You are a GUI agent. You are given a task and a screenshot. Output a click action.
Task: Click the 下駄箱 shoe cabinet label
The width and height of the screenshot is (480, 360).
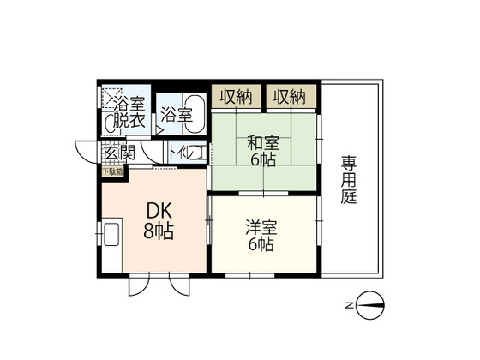pos(113,170)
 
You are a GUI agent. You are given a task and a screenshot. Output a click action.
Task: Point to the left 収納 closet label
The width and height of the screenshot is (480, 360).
pos(235,97)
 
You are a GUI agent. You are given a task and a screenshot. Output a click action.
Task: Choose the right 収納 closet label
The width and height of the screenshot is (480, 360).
pos(290,97)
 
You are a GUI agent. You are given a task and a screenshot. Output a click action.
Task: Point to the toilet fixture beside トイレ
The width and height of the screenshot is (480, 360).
pos(196,153)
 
